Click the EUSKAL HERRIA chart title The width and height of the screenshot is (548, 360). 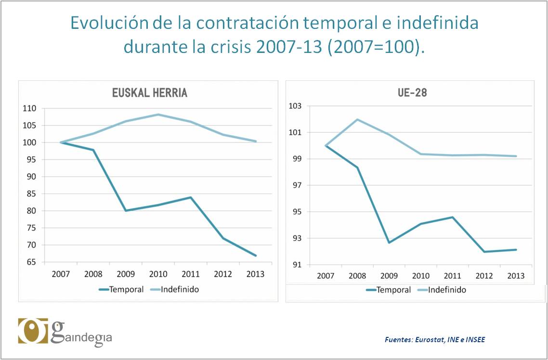tap(149, 93)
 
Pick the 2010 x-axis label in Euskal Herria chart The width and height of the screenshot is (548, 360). tap(158, 274)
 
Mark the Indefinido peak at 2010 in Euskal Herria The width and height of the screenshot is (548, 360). tap(158, 115)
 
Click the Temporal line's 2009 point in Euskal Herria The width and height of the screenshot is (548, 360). tap(126, 210)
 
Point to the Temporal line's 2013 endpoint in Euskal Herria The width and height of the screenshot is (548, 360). tap(256, 256)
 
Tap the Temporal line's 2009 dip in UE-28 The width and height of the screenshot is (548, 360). tap(389, 242)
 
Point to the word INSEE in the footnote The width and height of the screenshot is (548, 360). tap(474, 340)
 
